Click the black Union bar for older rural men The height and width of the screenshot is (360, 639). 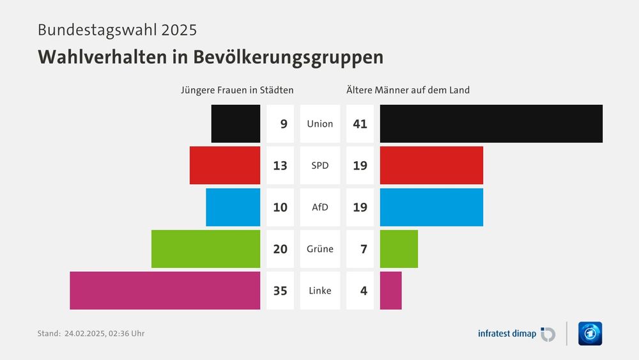coord(491,123)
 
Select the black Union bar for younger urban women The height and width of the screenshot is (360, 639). coord(235,123)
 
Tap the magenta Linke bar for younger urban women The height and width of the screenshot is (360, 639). coord(165,290)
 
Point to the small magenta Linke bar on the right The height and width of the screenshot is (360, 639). coord(390,290)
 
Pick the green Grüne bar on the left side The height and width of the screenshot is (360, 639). coord(206,249)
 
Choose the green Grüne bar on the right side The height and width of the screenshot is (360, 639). coord(399,249)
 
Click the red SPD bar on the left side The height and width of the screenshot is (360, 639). coord(225,165)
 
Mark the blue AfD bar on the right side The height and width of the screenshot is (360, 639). coord(431,207)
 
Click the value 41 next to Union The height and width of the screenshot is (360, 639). coord(360,123)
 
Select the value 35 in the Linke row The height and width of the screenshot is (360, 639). coord(280,290)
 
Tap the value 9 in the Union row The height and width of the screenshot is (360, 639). coord(283,123)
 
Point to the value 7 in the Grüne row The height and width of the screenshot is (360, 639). coord(363,249)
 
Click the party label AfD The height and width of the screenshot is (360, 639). coord(320,207)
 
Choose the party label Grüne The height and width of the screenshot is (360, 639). coord(320,249)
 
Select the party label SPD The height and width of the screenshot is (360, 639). coord(320,165)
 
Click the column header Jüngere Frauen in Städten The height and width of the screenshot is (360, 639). coord(237,90)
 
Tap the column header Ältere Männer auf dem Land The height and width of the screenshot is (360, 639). coord(408,90)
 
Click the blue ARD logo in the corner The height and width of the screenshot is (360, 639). coord(590,333)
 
